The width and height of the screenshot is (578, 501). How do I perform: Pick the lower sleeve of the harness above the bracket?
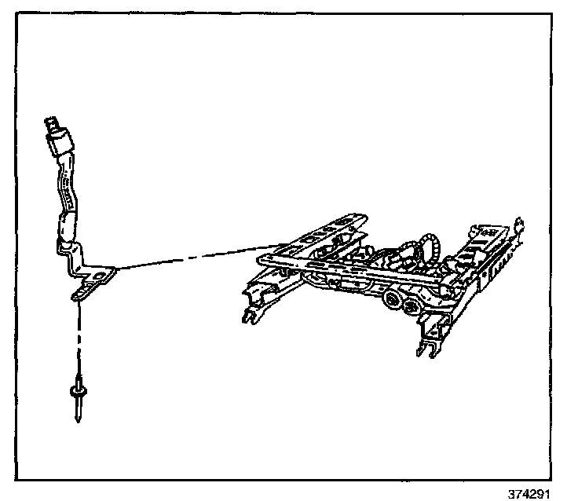[66, 230]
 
